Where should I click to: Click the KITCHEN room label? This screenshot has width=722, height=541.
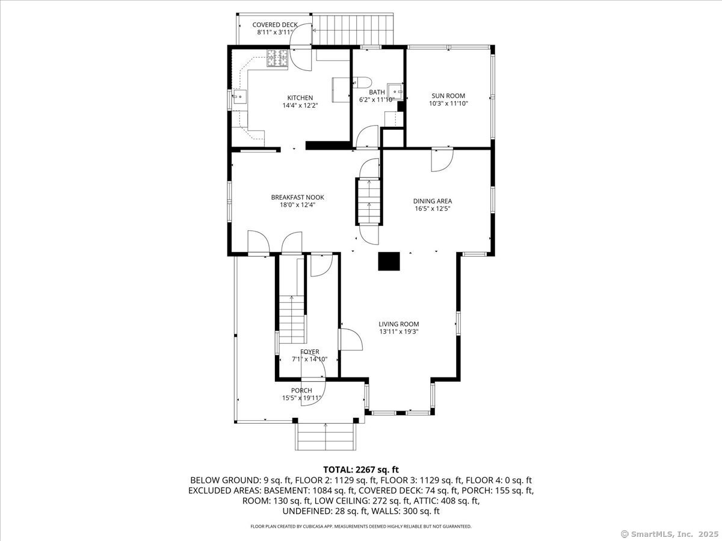(x=300, y=98)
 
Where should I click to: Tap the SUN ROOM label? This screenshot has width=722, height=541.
(x=448, y=96)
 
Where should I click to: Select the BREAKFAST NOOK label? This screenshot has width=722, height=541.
(x=297, y=197)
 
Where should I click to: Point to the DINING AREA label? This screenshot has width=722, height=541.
(x=433, y=201)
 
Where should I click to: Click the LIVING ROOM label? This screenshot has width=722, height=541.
(x=399, y=324)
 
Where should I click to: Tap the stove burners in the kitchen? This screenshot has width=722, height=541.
(x=277, y=58)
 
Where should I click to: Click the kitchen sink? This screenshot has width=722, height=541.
(x=239, y=96)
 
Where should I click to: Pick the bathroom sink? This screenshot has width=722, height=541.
(x=395, y=91)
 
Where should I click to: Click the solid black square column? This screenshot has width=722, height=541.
(x=389, y=261)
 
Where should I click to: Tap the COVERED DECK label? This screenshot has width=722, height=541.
(x=275, y=25)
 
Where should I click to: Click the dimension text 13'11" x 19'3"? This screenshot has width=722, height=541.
(x=399, y=332)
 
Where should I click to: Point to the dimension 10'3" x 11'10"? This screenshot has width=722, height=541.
(x=448, y=103)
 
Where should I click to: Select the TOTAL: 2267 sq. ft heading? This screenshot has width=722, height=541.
(x=361, y=469)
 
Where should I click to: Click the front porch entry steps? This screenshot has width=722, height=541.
(x=326, y=436)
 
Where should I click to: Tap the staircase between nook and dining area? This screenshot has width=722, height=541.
(x=369, y=201)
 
